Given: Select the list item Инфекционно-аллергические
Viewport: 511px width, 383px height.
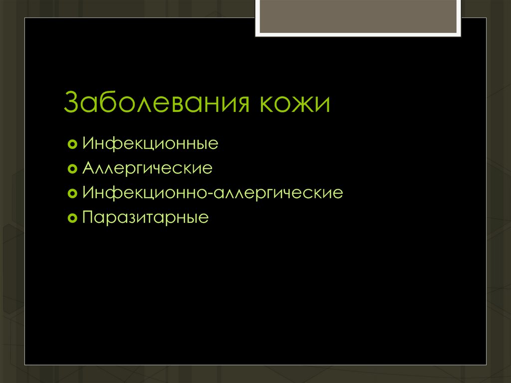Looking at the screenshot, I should pyautogui.click(x=213, y=193).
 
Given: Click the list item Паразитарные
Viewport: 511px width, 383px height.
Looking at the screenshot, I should pyautogui.click(x=145, y=218).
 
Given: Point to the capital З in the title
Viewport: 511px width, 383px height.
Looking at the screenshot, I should pyautogui.click(x=72, y=103).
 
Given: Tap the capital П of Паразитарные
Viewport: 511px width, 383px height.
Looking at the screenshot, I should pyautogui.click(x=88, y=217).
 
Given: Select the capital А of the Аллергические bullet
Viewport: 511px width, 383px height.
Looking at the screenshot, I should pyautogui.click(x=89, y=168).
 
